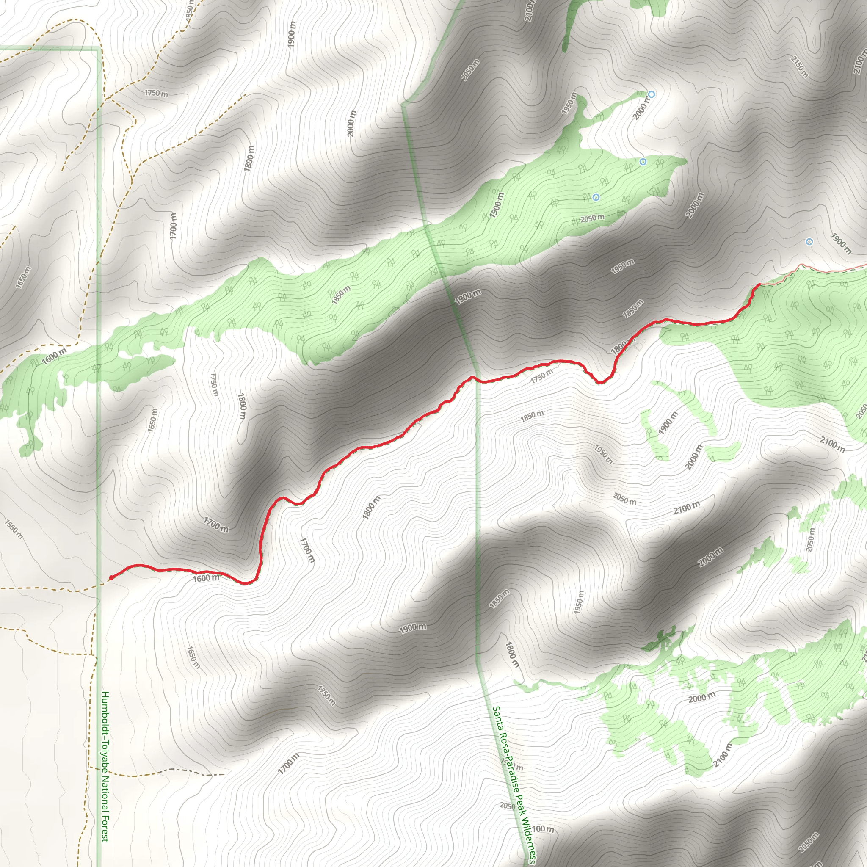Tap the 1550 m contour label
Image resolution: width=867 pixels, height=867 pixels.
pos(14,529)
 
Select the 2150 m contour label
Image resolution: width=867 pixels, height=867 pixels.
pos(799,66)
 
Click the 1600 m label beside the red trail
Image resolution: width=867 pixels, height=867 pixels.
pos(206,577)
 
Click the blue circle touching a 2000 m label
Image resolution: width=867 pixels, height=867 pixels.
pos(652,94)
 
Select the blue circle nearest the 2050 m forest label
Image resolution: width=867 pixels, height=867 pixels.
pos(596,197)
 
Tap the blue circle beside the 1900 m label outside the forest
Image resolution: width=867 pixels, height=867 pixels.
pos(809,242)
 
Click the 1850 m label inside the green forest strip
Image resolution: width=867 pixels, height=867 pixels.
pos(341,295)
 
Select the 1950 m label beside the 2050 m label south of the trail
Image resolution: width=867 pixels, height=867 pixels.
pos(603,454)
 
